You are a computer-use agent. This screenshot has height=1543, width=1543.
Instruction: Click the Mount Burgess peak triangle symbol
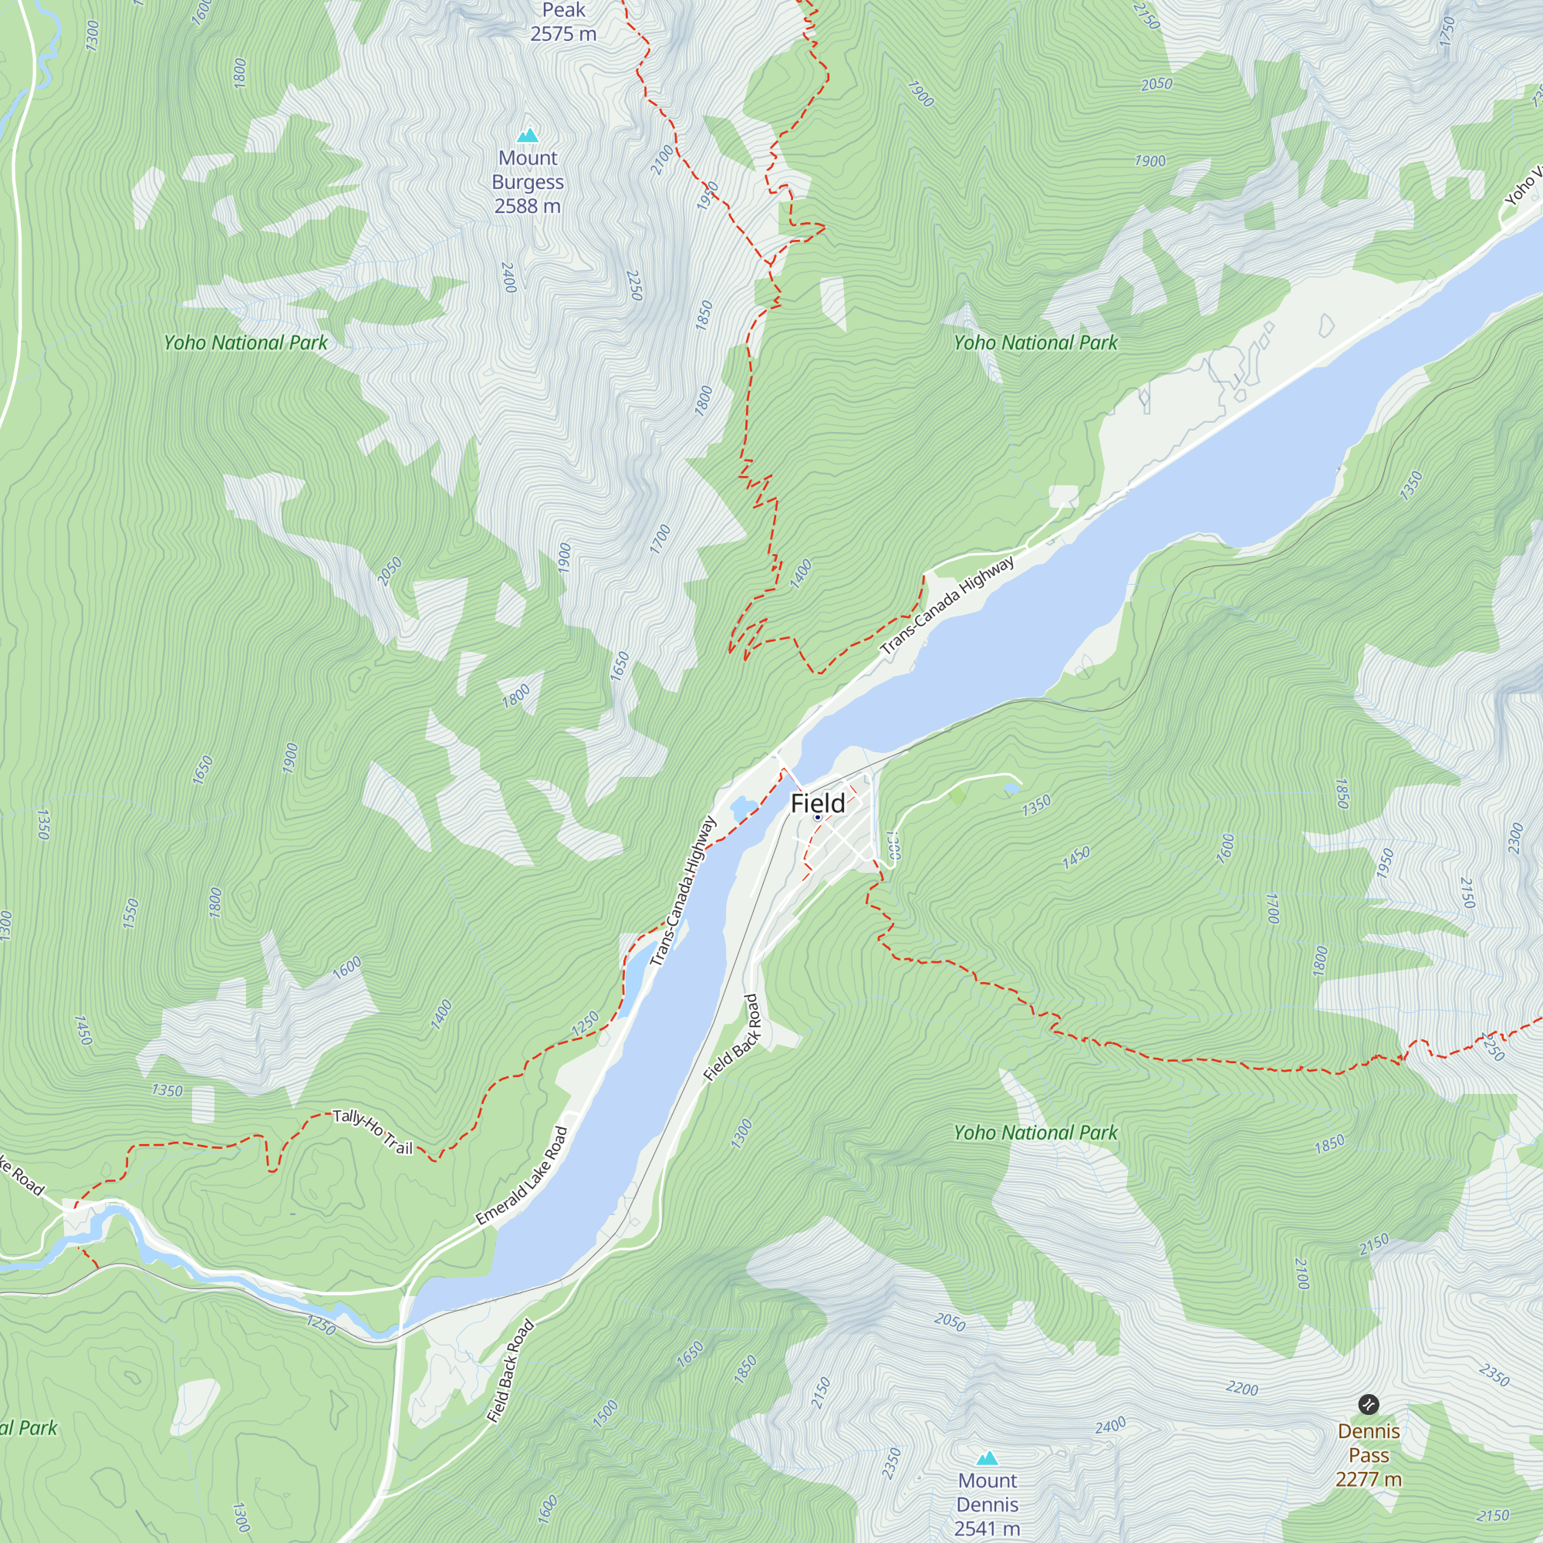[527, 136]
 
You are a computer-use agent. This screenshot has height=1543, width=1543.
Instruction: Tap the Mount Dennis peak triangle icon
[988, 1458]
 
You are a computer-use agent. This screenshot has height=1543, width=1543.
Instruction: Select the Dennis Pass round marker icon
[1368, 1404]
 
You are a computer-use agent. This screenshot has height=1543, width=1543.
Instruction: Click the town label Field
[817, 803]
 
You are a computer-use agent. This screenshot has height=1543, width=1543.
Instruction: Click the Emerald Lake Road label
[522, 1177]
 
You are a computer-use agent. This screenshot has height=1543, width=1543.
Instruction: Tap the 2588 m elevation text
[527, 206]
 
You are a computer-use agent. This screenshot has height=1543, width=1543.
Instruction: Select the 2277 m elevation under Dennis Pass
[1368, 1479]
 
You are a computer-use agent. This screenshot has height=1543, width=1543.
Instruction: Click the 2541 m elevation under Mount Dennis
[988, 1528]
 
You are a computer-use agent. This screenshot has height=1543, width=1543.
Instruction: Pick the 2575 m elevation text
[563, 33]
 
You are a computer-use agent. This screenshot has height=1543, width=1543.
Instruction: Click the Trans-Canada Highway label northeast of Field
[947, 605]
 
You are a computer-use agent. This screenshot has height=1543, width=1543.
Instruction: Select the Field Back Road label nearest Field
[732, 1038]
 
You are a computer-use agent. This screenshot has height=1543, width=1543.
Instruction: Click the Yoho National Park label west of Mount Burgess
[245, 343]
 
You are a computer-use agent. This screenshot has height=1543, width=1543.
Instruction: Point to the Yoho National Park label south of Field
[1035, 1133]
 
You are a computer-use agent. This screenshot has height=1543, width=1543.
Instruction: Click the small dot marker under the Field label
[817, 818]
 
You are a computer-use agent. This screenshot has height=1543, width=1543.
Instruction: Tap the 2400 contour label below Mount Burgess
[508, 277]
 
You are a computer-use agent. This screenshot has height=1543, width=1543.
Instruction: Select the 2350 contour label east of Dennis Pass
[1494, 1376]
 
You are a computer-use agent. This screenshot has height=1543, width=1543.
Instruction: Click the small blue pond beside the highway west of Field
[741, 808]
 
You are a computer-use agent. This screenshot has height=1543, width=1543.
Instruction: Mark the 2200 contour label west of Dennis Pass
[1242, 1389]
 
